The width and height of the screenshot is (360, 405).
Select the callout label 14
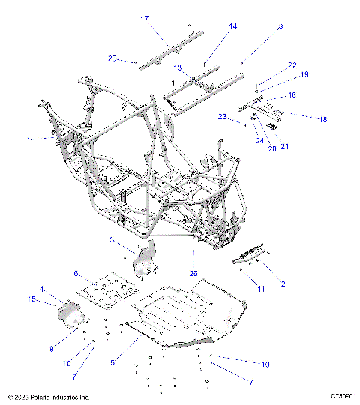click(x=232, y=26)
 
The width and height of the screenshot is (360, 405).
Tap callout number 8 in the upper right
click(x=280, y=27)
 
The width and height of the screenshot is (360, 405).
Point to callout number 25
click(x=112, y=58)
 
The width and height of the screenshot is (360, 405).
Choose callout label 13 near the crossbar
click(x=178, y=67)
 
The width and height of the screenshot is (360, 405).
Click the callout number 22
click(x=292, y=65)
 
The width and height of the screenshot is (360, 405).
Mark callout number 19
click(x=305, y=75)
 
